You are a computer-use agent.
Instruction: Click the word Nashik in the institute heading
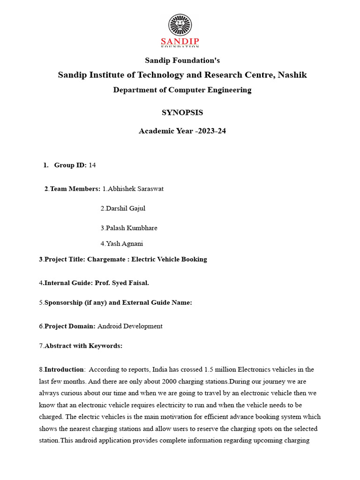[292, 75]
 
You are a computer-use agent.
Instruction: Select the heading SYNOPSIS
[182, 112]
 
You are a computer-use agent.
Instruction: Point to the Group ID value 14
[92, 165]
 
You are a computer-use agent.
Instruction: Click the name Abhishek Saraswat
[133, 189]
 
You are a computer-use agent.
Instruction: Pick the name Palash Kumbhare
[129, 228]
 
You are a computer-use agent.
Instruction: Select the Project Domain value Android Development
[130, 326]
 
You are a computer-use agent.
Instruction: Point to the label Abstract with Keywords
[83, 346]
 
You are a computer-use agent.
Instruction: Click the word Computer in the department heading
[184, 90]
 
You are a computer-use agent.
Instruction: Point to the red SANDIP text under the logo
[180, 41]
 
